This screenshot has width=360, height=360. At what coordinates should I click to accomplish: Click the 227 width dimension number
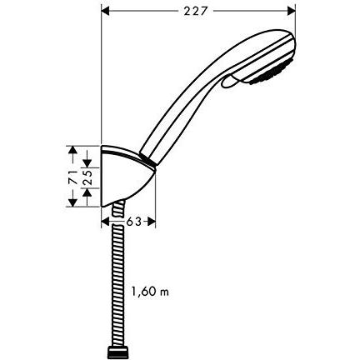(x=197, y=10)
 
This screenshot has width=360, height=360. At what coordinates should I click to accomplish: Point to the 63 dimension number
(x=129, y=222)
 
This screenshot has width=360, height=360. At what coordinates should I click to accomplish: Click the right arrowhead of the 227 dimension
(x=292, y=11)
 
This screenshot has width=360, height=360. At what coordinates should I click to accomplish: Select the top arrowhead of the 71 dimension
(x=72, y=150)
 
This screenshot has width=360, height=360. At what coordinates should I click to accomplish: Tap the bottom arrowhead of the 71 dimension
(x=72, y=205)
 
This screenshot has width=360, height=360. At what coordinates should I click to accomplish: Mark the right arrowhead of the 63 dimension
(x=152, y=222)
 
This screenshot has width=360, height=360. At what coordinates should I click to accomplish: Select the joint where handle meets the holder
(x=147, y=156)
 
